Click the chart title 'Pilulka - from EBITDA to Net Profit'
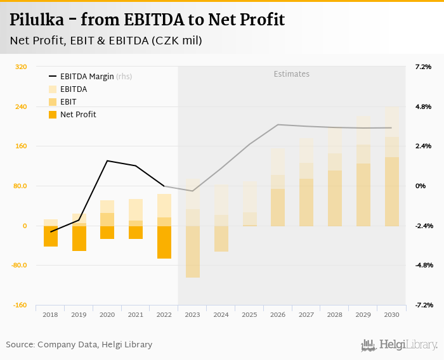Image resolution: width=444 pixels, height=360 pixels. [147, 20]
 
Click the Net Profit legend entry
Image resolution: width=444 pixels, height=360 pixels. [78, 115]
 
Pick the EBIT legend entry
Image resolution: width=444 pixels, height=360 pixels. [68, 102]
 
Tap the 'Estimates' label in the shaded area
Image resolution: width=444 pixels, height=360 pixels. [292, 74]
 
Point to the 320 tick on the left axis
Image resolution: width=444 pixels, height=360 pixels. [20, 67]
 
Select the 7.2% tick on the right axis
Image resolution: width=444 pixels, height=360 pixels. [423, 67]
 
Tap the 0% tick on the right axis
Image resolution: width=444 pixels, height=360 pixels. [421, 186]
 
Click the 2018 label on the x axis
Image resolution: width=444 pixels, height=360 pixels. [51, 314]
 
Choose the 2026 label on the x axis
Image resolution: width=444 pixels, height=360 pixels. [278, 314]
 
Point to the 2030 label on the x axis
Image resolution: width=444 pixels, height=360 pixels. [391, 314]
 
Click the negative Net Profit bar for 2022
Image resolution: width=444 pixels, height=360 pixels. [164, 242]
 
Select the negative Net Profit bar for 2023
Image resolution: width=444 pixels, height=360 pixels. [193, 252]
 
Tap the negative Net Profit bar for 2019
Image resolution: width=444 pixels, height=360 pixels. [79, 238]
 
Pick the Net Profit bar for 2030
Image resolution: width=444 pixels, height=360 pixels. [391, 191]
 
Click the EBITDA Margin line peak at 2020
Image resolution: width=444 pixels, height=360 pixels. [107, 161]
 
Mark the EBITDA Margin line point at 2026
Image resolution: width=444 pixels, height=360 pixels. [278, 125]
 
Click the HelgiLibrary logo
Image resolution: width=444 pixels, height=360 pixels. [399, 345]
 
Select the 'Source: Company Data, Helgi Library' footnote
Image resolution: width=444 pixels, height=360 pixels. [79, 345]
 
